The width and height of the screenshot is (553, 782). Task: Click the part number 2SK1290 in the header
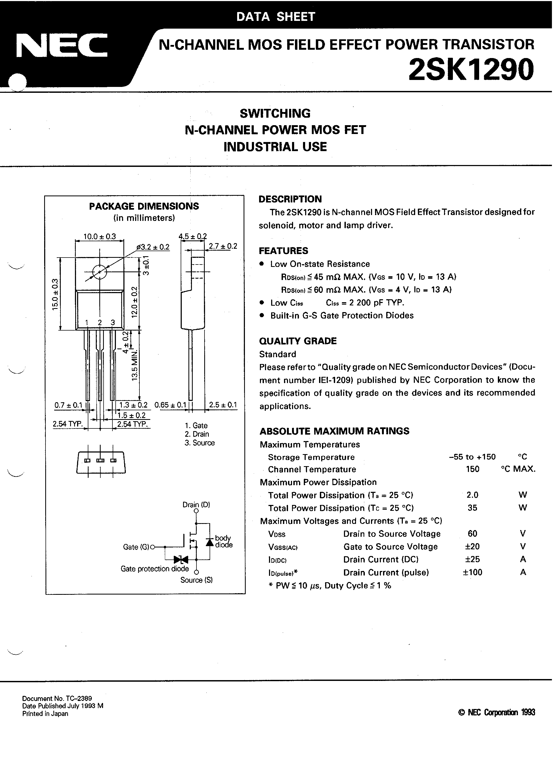[471, 70]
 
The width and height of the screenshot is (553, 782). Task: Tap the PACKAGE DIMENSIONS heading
[144, 206]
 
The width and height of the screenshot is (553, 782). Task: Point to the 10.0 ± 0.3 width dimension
[100, 236]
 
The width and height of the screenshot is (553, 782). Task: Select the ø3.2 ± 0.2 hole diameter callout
[153, 247]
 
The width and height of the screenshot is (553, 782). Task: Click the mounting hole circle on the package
[100, 272]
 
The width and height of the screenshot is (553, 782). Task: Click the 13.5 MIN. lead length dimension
[135, 365]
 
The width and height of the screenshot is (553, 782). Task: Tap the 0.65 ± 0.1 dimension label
[170, 405]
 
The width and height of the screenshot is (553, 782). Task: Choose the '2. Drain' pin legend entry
[197, 434]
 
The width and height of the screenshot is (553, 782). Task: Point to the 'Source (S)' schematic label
[196, 580]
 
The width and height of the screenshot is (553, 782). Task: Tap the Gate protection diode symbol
[181, 559]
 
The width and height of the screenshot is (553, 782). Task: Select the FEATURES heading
[283, 251]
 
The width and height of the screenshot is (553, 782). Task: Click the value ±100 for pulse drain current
[472, 572]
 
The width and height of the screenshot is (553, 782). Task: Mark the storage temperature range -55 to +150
[472, 457]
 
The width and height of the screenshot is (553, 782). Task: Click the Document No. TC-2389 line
[57, 698]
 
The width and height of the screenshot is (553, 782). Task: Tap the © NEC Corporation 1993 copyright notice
[497, 712]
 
